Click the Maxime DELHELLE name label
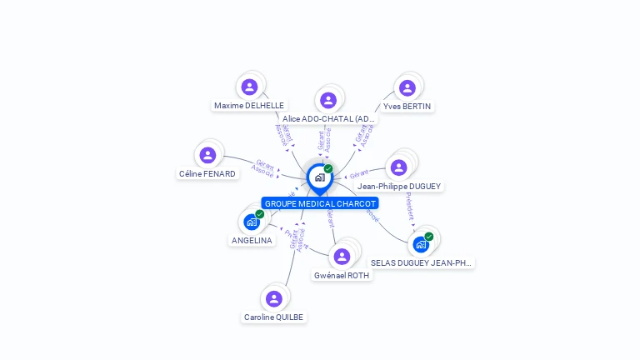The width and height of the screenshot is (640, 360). pyautogui.click(x=249, y=106)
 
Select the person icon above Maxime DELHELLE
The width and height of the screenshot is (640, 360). pyautogui.click(x=249, y=87)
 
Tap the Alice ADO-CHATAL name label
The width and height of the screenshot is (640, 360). pyautogui.click(x=328, y=119)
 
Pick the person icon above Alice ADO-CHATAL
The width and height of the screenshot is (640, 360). pyautogui.click(x=328, y=100)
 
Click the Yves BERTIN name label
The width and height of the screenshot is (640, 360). pyautogui.click(x=407, y=107)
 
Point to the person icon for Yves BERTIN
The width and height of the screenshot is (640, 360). pyautogui.click(x=407, y=87)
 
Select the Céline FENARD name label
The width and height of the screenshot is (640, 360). pyautogui.click(x=207, y=174)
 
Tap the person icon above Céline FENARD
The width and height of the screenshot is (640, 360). pyautogui.click(x=207, y=155)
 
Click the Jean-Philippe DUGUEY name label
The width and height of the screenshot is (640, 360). pyautogui.click(x=399, y=187)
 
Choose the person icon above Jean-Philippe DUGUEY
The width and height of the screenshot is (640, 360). pyautogui.click(x=399, y=167)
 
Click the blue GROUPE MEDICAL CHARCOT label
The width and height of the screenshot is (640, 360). pyautogui.click(x=320, y=203)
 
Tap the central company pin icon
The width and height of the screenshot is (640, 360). pyautogui.click(x=319, y=177)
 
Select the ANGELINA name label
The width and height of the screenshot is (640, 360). pyautogui.click(x=252, y=241)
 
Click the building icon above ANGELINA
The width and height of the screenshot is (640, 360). pyautogui.click(x=252, y=222)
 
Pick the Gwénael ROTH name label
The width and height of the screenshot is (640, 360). pyautogui.click(x=342, y=275)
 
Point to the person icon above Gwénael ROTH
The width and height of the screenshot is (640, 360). pyautogui.click(x=342, y=256)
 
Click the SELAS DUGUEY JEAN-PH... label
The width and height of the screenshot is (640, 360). pyautogui.click(x=422, y=262)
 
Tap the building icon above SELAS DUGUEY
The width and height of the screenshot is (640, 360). pyautogui.click(x=421, y=244)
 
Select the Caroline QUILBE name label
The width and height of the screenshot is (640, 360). pyautogui.click(x=274, y=317)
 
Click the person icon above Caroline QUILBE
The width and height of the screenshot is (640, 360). pyautogui.click(x=274, y=298)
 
